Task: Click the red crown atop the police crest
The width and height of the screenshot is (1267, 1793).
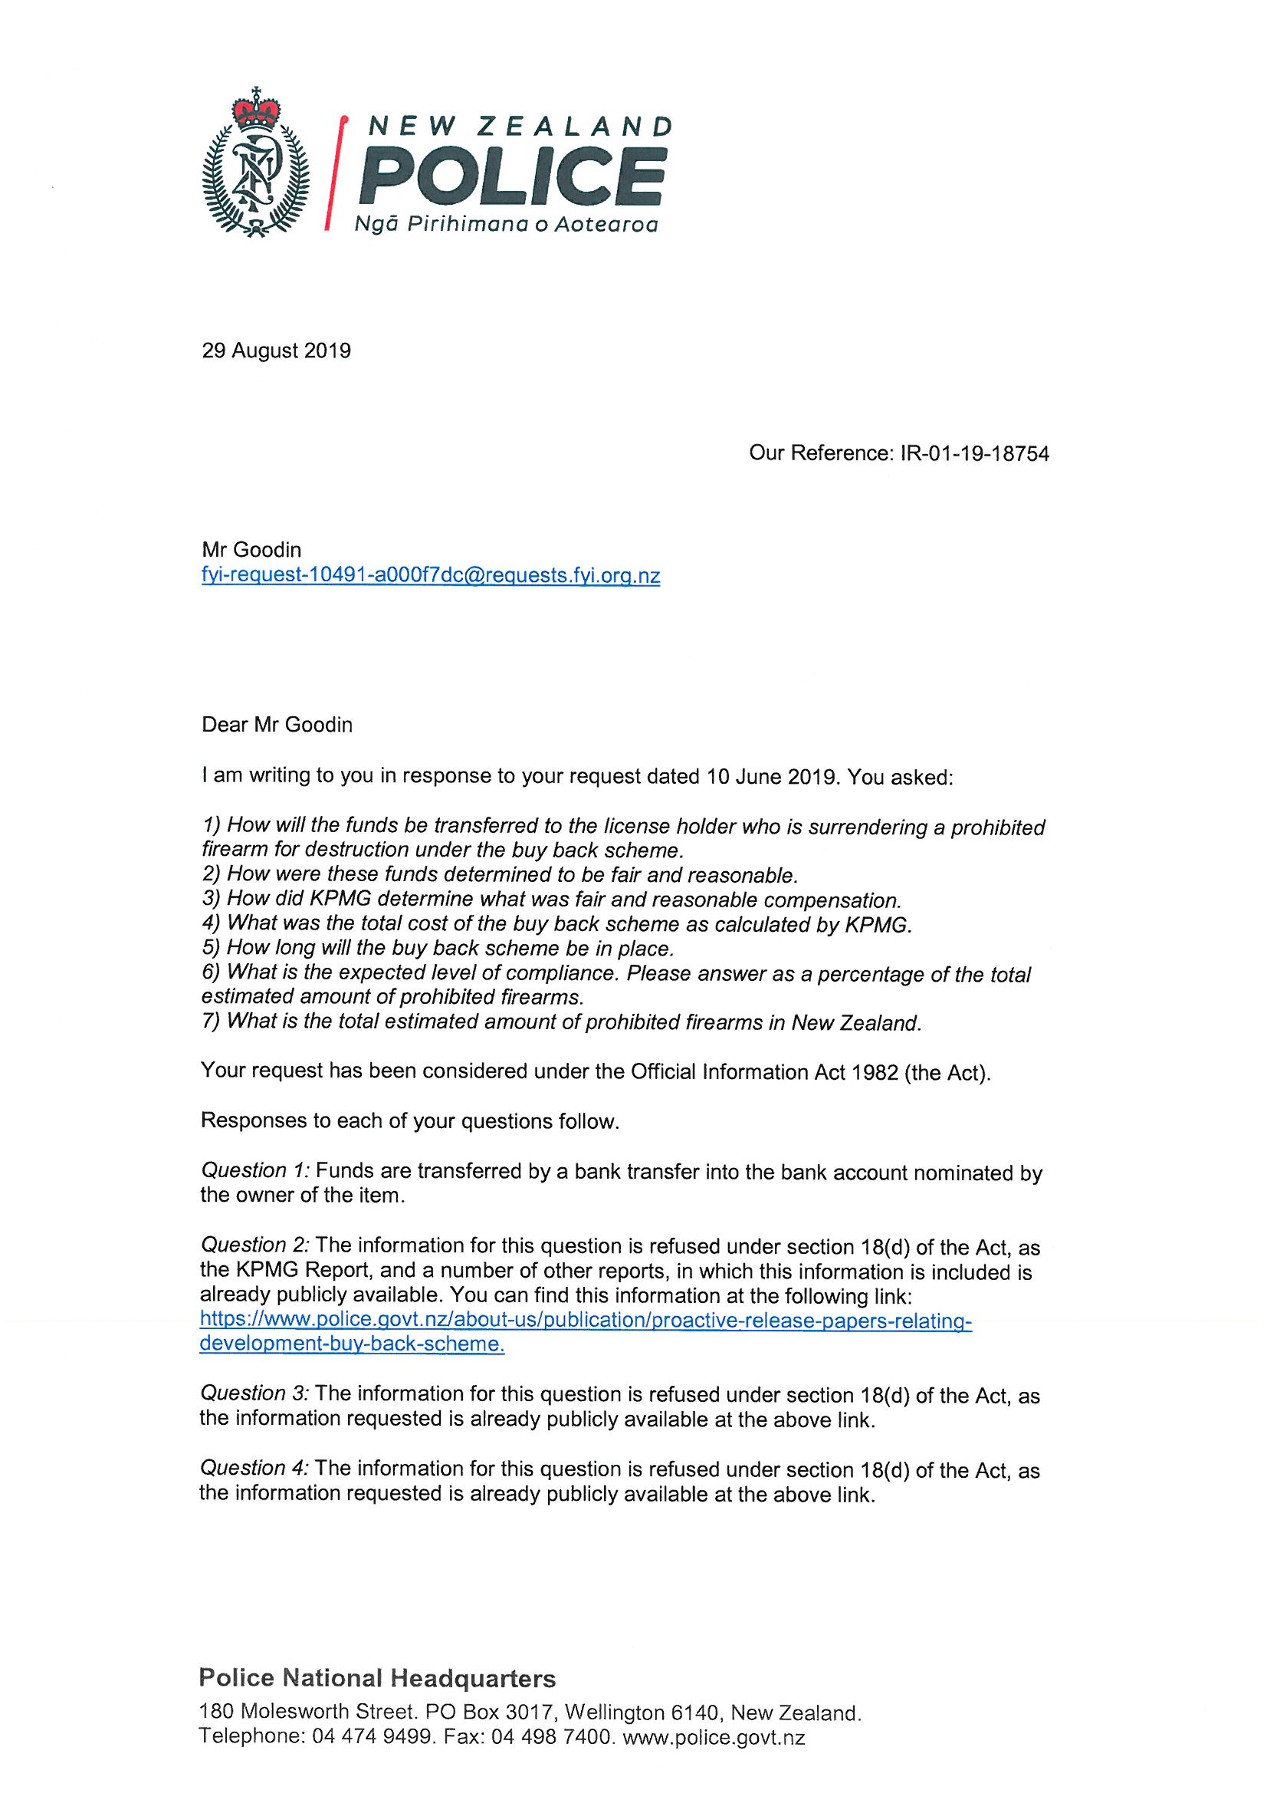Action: click(x=255, y=111)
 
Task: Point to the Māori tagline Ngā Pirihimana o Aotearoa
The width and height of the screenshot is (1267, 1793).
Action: click(x=506, y=225)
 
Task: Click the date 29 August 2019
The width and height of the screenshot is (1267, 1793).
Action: click(x=277, y=350)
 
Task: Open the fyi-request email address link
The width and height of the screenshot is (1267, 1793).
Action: click(x=431, y=577)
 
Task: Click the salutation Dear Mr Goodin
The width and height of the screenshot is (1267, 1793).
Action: click(x=277, y=725)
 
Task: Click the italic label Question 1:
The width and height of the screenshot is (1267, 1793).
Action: click(x=255, y=1170)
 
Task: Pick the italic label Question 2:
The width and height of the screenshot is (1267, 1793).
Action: click(x=255, y=1245)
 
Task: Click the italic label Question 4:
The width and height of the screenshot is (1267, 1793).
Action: click(x=255, y=1468)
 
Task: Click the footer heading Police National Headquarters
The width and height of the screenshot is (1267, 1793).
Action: click(x=378, y=1677)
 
